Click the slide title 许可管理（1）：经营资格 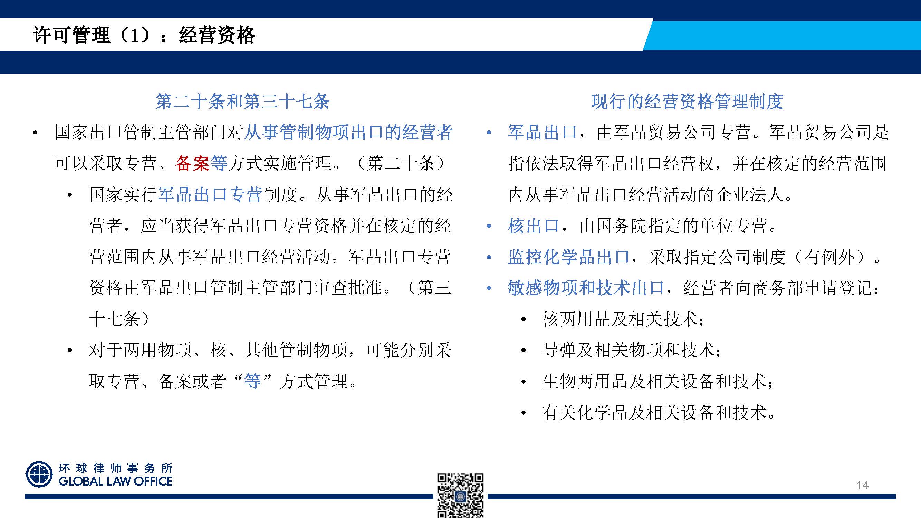[144, 35]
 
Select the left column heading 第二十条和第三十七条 [242, 102]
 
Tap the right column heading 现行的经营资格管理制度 [687, 102]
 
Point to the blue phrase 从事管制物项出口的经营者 [348, 132]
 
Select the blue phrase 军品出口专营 [210, 195]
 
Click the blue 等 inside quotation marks [252, 381]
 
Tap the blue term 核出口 [534, 226]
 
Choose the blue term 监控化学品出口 [568, 257]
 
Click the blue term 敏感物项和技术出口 [586, 288]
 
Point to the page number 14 [862, 485]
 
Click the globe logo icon [39, 474]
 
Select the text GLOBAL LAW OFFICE [115, 481]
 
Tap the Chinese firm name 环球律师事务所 [115, 468]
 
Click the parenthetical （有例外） [833, 257]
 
